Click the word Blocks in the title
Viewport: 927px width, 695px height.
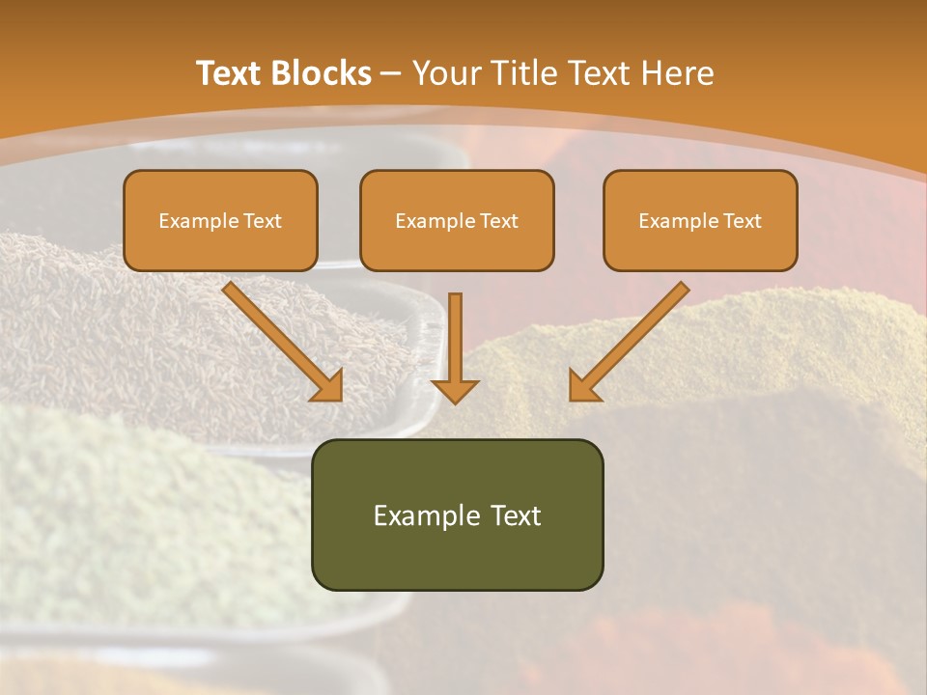click(x=323, y=73)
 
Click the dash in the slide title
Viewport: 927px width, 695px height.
click(x=391, y=73)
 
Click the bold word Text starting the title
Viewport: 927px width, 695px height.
click(x=233, y=73)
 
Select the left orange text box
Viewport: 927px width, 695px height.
click(x=220, y=220)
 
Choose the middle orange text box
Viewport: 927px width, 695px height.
click(x=457, y=220)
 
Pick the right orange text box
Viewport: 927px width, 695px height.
click(x=700, y=220)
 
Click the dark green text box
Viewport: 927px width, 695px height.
click(x=457, y=514)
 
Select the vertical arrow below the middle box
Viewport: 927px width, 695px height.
click(x=455, y=347)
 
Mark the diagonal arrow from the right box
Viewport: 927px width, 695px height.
click(x=630, y=341)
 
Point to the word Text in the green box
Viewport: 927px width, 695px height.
click(x=515, y=515)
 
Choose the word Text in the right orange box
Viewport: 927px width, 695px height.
click(x=742, y=221)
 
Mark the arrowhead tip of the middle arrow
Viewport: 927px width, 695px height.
click(x=455, y=402)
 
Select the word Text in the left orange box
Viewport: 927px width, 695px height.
click(x=262, y=221)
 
